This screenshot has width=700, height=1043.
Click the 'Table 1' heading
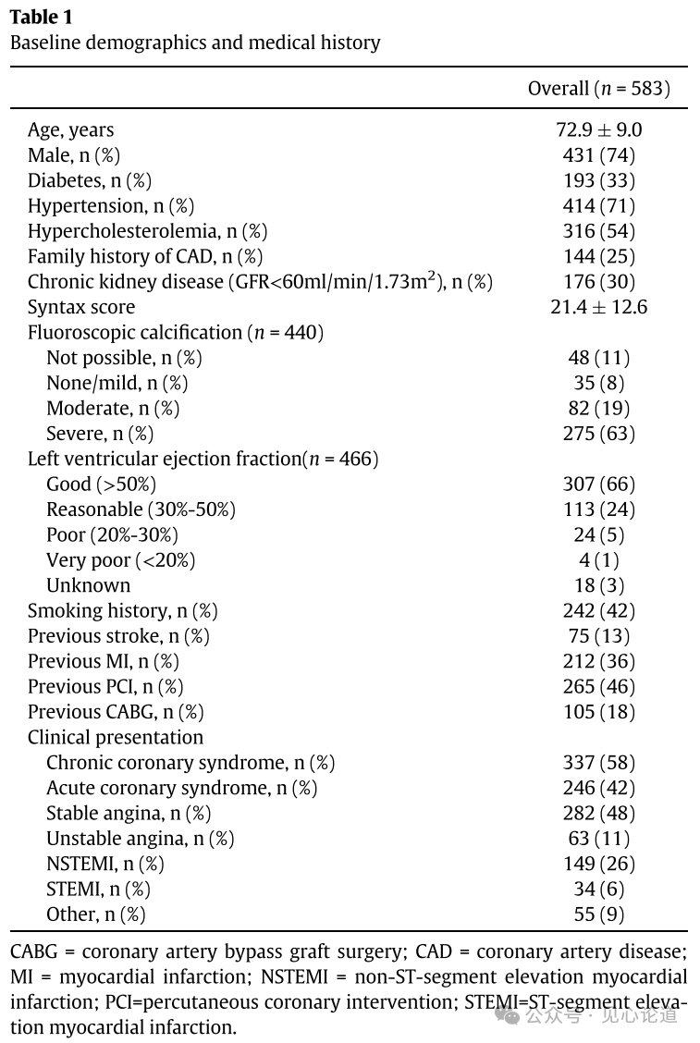(x=42, y=18)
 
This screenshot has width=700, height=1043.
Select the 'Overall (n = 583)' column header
(x=598, y=89)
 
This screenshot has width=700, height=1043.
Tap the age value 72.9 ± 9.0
(x=598, y=130)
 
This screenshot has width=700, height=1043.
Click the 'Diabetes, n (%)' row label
(x=90, y=180)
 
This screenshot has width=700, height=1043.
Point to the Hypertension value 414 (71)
(x=598, y=206)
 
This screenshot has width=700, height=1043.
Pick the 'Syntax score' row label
(x=81, y=307)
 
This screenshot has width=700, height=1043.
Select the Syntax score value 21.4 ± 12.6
(x=598, y=307)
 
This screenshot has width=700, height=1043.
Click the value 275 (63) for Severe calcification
(x=598, y=434)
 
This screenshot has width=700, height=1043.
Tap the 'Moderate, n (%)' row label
(x=113, y=409)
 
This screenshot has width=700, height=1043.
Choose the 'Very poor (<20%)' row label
(x=121, y=560)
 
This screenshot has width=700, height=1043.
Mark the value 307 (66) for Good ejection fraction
(x=598, y=485)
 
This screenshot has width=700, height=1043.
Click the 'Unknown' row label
(x=89, y=585)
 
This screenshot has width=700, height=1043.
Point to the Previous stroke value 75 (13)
(x=598, y=636)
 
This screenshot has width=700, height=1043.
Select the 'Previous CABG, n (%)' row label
(x=116, y=712)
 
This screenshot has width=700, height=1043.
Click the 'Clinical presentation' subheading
(x=116, y=738)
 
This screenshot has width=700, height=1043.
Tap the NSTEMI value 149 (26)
(x=598, y=864)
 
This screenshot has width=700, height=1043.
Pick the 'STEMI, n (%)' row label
(x=98, y=890)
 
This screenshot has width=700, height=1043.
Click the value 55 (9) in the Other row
(x=598, y=914)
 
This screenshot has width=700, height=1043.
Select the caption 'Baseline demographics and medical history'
(x=195, y=43)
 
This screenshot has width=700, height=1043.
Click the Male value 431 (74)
(x=598, y=155)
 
